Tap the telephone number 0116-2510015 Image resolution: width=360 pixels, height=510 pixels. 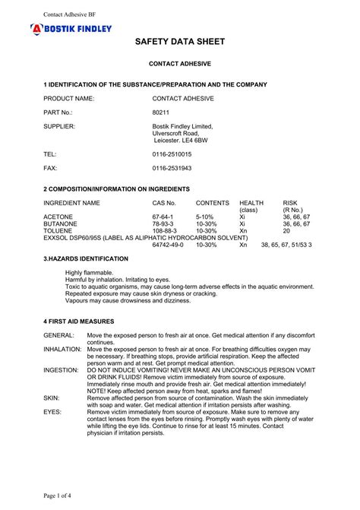172,154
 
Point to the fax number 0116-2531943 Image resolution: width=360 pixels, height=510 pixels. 172,167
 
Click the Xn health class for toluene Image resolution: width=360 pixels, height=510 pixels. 243,231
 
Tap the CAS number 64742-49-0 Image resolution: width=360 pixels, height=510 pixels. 168,245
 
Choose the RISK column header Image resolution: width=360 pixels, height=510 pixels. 291,203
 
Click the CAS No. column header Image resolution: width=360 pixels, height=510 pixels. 164,203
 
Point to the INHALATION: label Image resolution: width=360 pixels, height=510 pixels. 62,349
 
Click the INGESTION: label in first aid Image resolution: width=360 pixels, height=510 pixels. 61,370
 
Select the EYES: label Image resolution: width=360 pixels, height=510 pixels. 52,412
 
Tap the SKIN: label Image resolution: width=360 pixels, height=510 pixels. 52,398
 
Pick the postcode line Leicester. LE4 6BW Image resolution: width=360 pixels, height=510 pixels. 181,140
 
